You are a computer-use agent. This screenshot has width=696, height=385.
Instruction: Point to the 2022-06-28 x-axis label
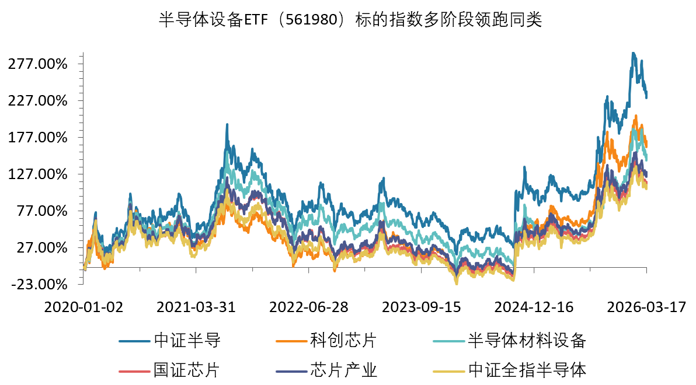[x=310, y=307]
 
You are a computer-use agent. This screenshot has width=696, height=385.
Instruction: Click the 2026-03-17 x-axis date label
[x=646, y=307]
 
